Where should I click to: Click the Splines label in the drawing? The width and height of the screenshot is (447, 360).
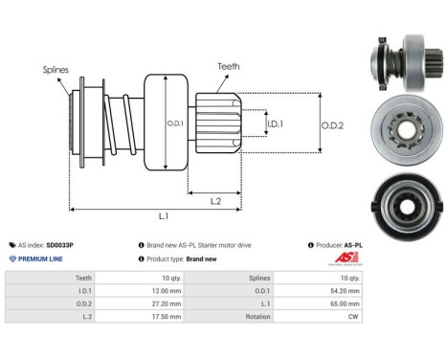[x=54, y=70]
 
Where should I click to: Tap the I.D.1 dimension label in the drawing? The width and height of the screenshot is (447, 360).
[x=274, y=124]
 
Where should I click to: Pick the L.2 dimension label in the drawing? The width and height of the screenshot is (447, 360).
[x=216, y=200]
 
